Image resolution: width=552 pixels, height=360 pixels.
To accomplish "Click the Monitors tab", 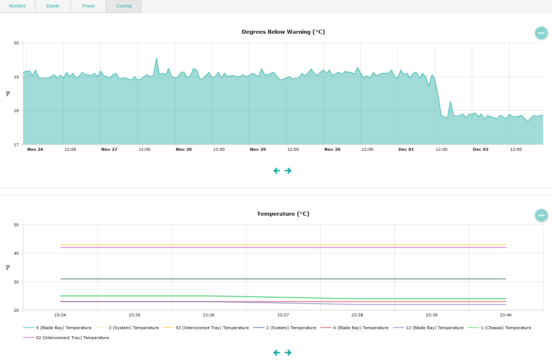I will click(17, 6).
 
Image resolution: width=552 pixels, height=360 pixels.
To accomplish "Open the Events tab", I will click(53, 6).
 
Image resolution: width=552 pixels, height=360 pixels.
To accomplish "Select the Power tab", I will click(88, 6).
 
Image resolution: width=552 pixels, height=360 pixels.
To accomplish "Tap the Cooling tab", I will click(124, 6).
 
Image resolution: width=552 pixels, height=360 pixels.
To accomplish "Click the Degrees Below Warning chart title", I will click(283, 32).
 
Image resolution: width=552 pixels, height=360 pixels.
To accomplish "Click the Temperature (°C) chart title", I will click(283, 214).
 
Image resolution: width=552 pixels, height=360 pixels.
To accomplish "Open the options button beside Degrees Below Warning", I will click(541, 33).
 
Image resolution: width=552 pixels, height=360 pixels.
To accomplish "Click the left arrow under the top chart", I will click(277, 171).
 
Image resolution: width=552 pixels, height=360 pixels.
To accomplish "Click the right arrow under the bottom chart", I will click(288, 353).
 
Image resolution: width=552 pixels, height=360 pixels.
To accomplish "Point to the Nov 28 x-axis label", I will click(184, 149).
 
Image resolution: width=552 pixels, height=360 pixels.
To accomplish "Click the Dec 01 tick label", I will click(406, 149).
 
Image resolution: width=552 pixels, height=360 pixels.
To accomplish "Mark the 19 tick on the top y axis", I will click(16, 77).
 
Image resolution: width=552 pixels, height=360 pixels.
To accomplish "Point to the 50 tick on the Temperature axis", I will click(16, 225).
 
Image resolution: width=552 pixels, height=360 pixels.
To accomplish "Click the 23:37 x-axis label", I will click(283, 315).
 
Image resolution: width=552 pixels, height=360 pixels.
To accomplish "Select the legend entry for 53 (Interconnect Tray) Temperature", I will click(212, 328).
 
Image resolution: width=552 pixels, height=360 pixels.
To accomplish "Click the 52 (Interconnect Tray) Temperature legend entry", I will click(72, 338).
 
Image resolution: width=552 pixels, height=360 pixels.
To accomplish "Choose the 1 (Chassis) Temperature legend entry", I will click(506, 328).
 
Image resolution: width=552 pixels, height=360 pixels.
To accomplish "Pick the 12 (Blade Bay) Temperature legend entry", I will click(434, 328).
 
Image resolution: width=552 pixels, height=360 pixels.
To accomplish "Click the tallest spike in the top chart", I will click(156, 59).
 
